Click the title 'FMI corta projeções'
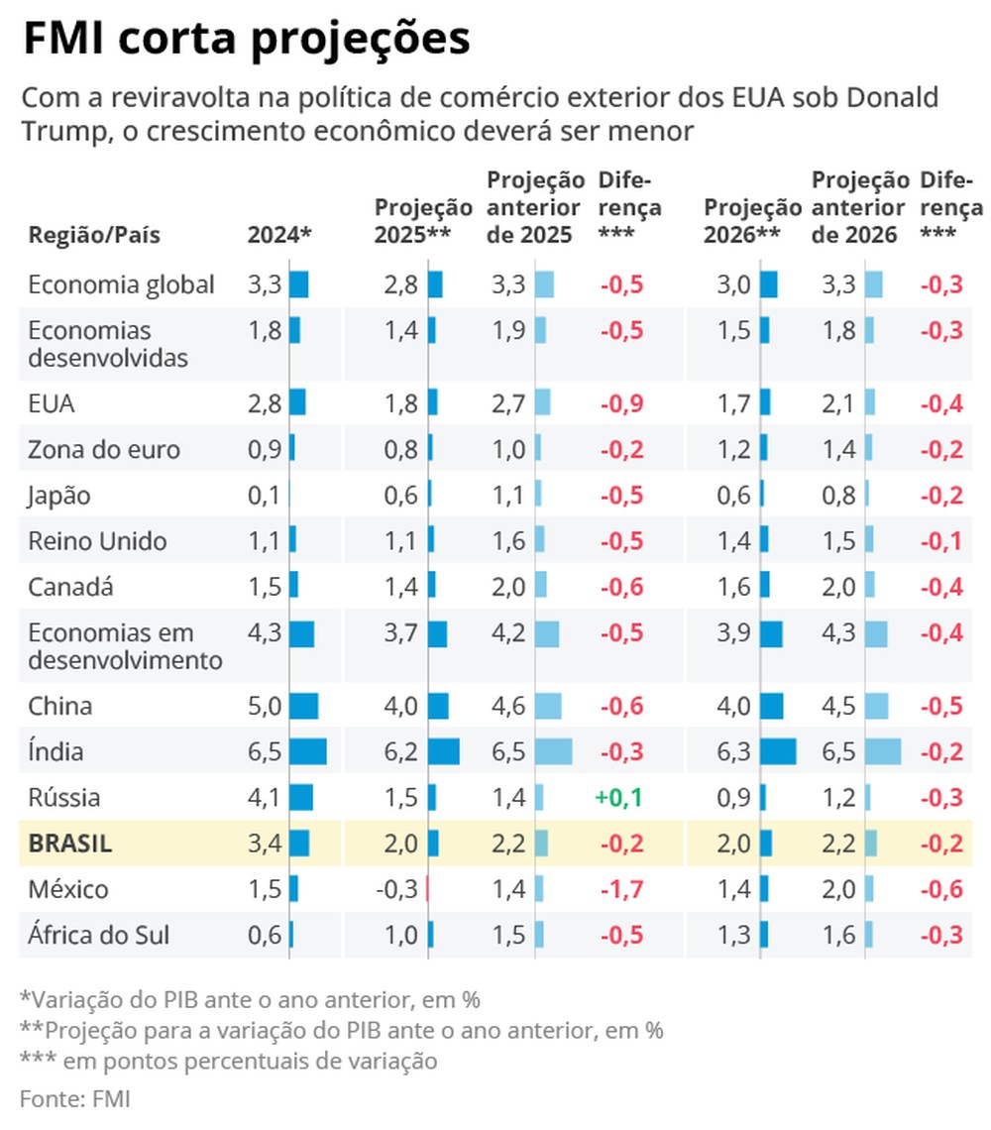[246, 41]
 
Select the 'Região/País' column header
[94, 236]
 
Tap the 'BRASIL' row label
[70, 844]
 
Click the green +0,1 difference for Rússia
[619, 798]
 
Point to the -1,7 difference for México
[621, 889]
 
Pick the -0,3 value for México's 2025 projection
[396, 889]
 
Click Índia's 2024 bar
[308, 752]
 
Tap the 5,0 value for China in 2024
[265, 707]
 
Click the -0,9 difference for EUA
[621, 404]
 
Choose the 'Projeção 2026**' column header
[752, 222]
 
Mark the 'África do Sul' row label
[98, 935]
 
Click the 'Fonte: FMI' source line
[75, 1098]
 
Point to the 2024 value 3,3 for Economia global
[265, 285]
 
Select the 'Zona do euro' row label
[104, 450]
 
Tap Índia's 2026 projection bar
[779, 752]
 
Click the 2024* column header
[279, 236]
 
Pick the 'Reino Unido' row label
[97, 541]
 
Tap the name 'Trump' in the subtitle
[58, 132]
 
